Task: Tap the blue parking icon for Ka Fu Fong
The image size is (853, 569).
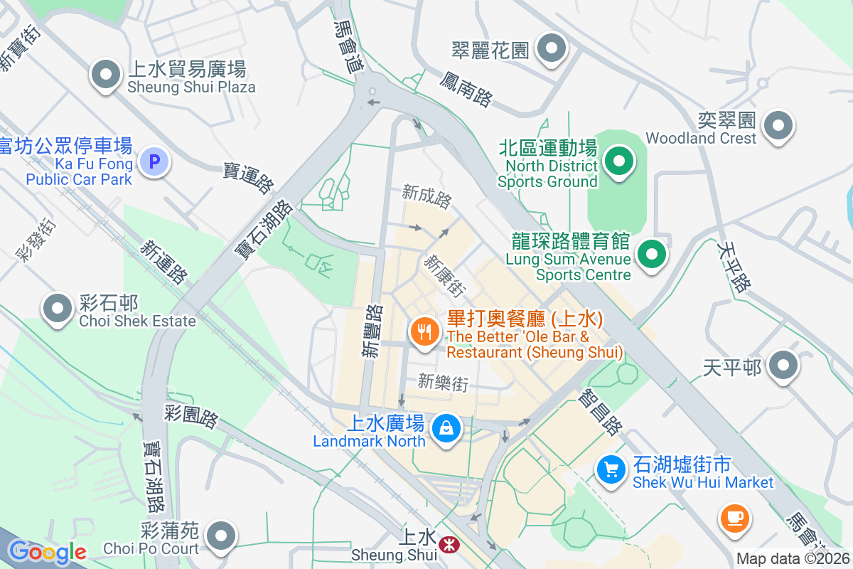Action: (154, 161)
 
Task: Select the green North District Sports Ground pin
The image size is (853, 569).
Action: (619, 161)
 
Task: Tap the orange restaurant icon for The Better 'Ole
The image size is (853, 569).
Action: (424, 332)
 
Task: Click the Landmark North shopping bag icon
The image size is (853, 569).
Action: (446, 429)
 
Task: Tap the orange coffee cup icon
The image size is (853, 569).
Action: (734, 516)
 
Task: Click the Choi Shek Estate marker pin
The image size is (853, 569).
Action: (58, 309)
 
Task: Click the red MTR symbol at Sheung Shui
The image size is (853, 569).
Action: (448, 546)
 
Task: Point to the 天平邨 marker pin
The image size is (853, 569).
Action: (784, 366)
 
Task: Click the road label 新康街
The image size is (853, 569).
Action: (445, 276)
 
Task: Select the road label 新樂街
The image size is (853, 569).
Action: (443, 382)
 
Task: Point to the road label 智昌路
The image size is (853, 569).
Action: (601, 412)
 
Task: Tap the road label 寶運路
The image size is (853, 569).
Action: (249, 178)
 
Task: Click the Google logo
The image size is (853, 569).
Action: (47, 552)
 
